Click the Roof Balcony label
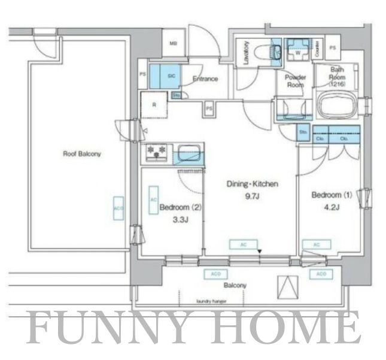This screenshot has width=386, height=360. point(83,154)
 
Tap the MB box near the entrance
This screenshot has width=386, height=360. point(173,43)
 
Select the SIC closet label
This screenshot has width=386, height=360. point(171,76)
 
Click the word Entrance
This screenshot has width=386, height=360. point(205,79)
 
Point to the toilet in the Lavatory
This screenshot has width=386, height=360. point(264,53)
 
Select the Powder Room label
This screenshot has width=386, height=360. point(296,81)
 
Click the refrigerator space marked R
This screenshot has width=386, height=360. point(154,105)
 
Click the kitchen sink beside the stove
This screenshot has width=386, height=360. point(189,153)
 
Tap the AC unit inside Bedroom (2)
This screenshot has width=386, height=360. point(153,199)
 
